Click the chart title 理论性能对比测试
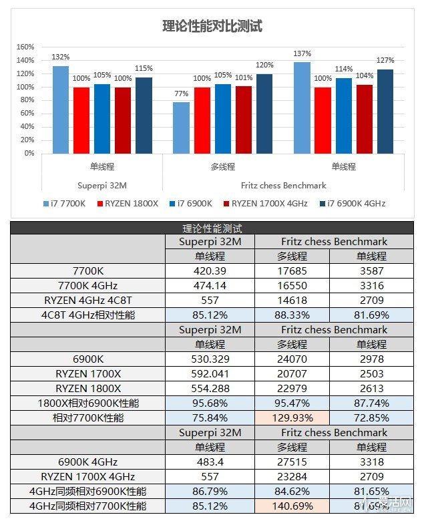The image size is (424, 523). (x=212, y=26)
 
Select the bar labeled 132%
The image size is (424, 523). (x=61, y=110)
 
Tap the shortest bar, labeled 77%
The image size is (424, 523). (x=181, y=128)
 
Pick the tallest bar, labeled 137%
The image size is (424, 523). (x=302, y=108)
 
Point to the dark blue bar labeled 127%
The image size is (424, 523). (x=385, y=111)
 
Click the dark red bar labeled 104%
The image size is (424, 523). (x=364, y=119)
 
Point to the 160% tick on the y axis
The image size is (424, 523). (x=25, y=47)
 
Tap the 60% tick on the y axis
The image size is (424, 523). (x=26, y=114)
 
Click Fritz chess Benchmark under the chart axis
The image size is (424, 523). (x=283, y=185)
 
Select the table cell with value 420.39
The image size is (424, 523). (x=210, y=271)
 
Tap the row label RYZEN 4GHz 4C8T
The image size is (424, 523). (x=87, y=300)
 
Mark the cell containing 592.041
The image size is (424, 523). (x=210, y=373)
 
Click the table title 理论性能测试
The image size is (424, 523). (x=212, y=228)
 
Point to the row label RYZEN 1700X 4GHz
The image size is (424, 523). (x=87, y=476)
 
